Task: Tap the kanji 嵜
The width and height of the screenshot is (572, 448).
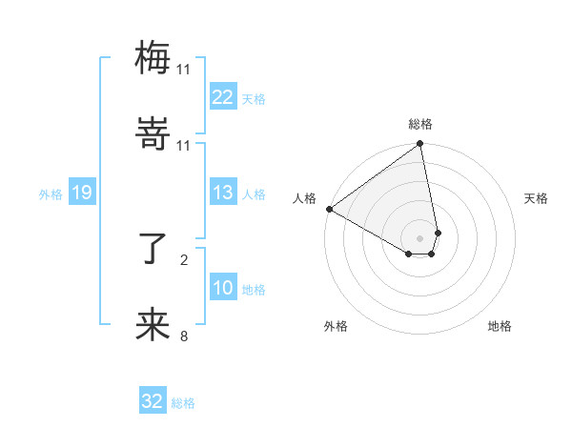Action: (x=153, y=134)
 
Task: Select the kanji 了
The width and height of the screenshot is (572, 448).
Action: (x=153, y=248)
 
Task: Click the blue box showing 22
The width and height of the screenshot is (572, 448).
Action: (x=222, y=97)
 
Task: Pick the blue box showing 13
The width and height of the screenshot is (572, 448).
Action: (x=222, y=193)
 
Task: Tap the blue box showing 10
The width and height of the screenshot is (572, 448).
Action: (x=222, y=288)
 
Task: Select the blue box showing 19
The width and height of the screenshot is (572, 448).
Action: (x=81, y=193)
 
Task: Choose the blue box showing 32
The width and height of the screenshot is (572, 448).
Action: (x=153, y=401)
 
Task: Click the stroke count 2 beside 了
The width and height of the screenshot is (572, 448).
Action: (x=184, y=258)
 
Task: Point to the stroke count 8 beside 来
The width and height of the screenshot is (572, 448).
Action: (x=184, y=336)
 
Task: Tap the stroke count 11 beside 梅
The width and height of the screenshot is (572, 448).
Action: (x=184, y=69)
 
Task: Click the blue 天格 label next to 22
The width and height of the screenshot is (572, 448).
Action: (x=254, y=98)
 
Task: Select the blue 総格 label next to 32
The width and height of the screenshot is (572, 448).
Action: (x=183, y=402)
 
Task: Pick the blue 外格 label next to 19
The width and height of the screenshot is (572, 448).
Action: (x=51, y=193)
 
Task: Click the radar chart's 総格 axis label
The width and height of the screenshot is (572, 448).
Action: (x=420, y=124)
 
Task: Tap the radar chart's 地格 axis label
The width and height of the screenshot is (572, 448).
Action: (x=500, y=326)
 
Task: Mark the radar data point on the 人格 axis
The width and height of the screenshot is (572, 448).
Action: (x=329, y=209)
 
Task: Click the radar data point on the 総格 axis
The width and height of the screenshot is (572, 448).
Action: (x=420, y=145)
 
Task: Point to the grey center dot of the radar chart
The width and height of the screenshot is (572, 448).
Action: (x=420, y=237)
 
